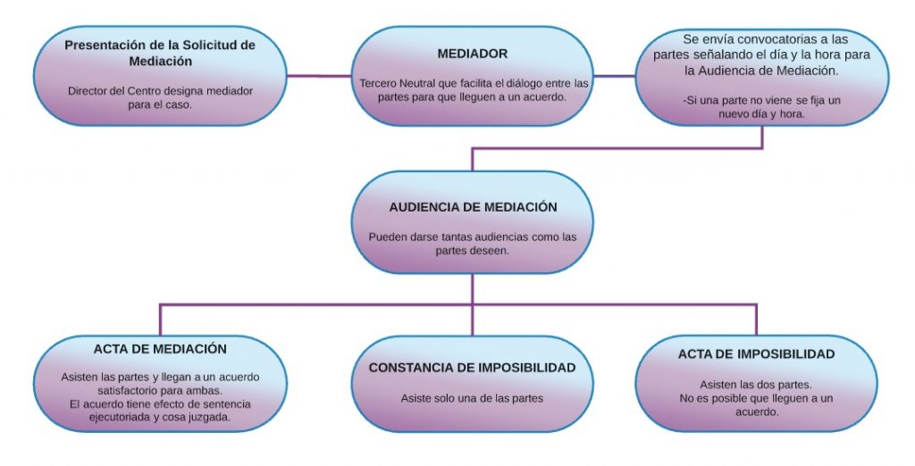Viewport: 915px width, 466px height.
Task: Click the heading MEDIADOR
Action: point(473,54)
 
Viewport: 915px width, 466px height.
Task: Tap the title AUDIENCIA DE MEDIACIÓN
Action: point(473,207)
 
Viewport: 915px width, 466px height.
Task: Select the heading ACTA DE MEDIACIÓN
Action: point(160,349)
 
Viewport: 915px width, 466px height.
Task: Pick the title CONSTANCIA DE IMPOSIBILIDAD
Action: point(472,368)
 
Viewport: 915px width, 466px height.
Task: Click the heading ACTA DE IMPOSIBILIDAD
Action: point(756,354)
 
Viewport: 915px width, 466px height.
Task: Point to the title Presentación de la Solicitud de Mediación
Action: point(160,53)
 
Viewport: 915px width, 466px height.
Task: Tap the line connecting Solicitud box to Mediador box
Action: point(318,76)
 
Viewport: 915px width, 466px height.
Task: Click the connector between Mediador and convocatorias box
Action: point(614,76)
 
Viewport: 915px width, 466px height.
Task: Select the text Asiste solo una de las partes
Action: point(472,398)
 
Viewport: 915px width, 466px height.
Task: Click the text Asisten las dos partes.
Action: point(756,385)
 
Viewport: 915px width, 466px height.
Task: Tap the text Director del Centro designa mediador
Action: point(160,91)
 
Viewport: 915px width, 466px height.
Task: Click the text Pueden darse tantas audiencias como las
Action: point(473,237)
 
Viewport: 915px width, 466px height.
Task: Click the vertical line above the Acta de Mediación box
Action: point(160,319)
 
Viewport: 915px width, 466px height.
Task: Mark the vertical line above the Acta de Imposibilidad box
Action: point(756,319)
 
